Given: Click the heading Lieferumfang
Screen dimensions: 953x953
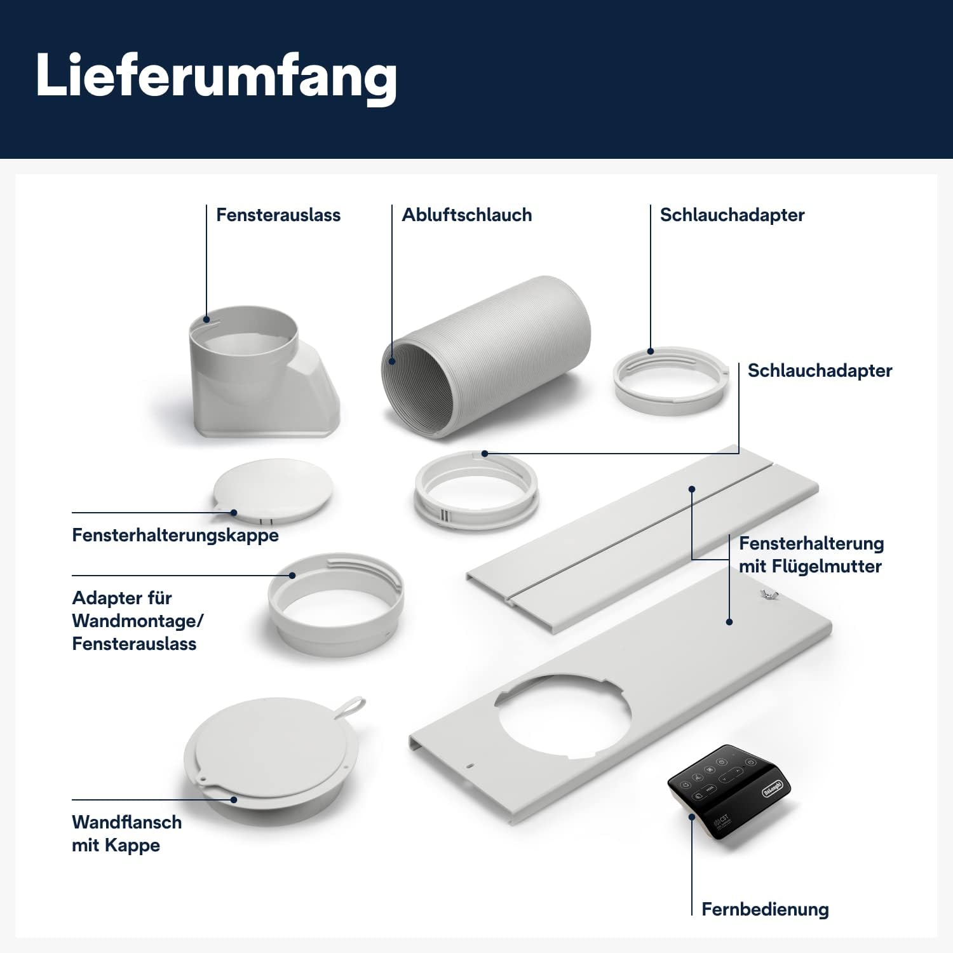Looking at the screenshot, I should pyautogui.click(x=216, y=76).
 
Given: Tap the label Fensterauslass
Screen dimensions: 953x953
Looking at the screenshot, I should pyautogui.click(x=278, y=215).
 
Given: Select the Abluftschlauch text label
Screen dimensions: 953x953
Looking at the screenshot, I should pyautogui.click(x=466, y=215).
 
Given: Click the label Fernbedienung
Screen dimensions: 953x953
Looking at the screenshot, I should pyautogui.click(x=764, y=909).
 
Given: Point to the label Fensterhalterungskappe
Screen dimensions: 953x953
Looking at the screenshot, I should pyautogui.click(x=175, y=535).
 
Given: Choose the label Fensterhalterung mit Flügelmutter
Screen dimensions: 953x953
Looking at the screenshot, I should pyautogui.click(x=810, y=555).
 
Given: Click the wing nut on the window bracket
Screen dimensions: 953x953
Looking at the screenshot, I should pyautogui.click(x=768, y=595).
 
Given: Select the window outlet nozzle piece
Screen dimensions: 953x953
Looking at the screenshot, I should pyautogui.click(x=260, y=375).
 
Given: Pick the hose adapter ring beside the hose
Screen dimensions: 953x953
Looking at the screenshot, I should pyautogui.click(x=671, y=380).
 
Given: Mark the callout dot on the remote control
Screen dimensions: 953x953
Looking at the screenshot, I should pyautogui.click(x=692, y=817).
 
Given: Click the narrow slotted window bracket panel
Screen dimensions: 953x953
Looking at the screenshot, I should pyautogui.click(x=642, y=540).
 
